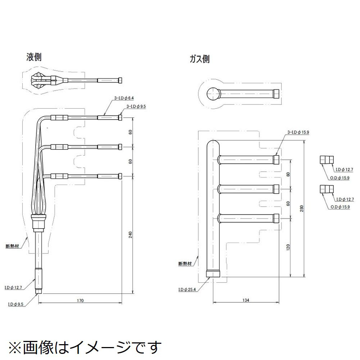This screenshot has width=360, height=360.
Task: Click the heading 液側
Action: [x=34, y=57]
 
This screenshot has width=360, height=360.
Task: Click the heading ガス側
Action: [x=199, y=59]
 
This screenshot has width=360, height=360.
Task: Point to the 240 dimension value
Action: [x=130, y=234]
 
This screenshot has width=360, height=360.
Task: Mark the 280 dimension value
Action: [x=302, y=209]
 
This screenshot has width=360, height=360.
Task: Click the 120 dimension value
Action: [x=288, y=248]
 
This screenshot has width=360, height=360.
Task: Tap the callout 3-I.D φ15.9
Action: [x=298, y=132]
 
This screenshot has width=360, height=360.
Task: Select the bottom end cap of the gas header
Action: [x=213, y=273]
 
